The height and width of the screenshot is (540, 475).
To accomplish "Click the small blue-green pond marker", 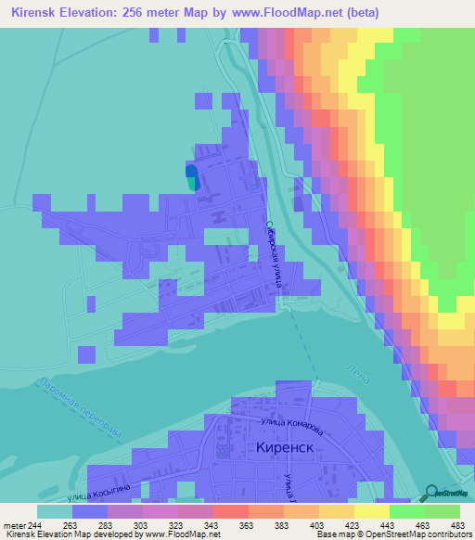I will tap(191, 177).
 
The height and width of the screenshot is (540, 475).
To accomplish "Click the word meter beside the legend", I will tap(12, 525).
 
